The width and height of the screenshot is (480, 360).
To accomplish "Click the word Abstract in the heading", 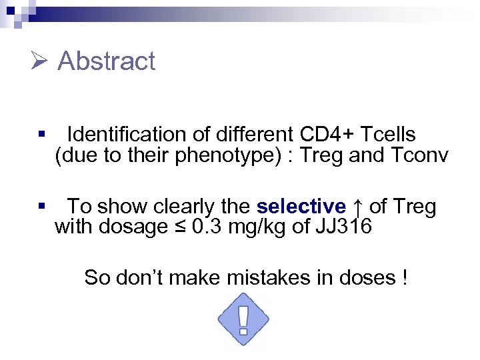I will [x=107, y=61].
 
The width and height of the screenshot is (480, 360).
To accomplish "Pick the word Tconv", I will [x=419, y=156].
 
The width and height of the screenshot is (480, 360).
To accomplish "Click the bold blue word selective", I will [x=301, y=207].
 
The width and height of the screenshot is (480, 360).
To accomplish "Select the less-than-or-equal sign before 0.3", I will [x=180, y=227].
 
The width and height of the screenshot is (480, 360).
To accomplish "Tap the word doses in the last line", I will [x=369, y=277].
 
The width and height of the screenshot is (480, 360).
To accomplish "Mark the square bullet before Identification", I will [x=41, y=134].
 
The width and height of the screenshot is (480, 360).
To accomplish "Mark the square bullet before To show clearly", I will [x=41, y=206].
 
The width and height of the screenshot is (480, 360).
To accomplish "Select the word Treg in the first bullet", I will [x=323, y=156].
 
